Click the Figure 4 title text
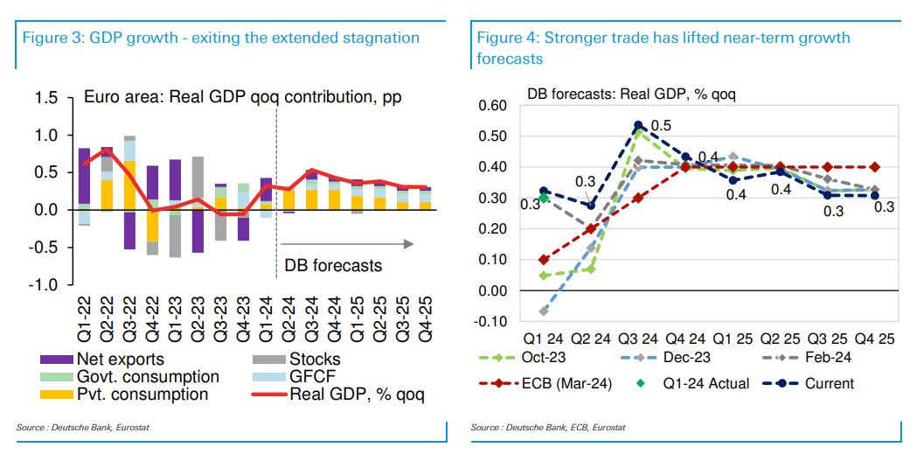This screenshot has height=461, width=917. [x=663, y=38]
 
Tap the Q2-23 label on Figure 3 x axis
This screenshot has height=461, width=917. [x=199, y=321]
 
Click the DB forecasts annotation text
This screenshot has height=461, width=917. [x=333, y=264]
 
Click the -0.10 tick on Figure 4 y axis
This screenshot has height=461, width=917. [x=490, y=321]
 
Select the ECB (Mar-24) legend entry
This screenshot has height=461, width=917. [x=549, y=383]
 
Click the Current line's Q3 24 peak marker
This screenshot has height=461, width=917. [x=638, y=126]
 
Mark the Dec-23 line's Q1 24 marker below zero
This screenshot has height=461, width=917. [x=544, y=311]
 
